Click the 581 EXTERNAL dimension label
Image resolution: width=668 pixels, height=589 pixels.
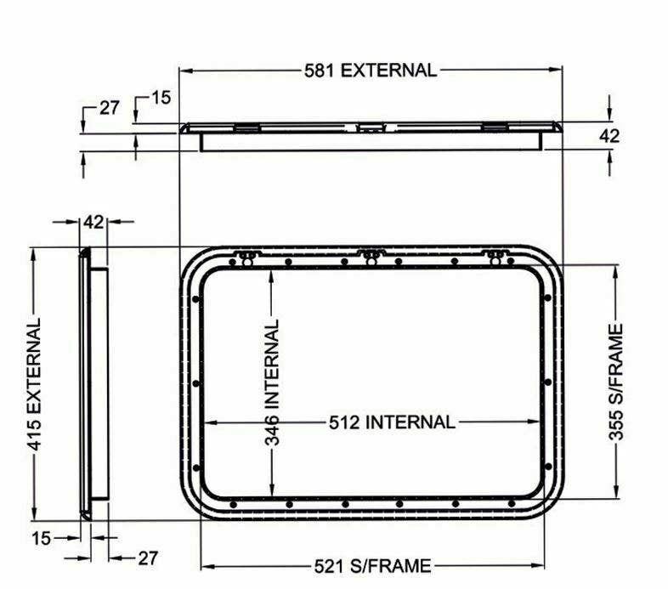pyautogui.click(x=371, y=71)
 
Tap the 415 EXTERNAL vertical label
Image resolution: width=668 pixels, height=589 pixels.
pyautogui.click(x=35, y=384)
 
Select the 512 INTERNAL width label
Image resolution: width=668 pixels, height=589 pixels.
pyautogui.click(x=392, y=422)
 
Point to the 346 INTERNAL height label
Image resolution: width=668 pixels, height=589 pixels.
pyautogui.click(x=272, y=382)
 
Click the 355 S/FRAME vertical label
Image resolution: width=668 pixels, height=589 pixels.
pyautogui.click(x=616, y=382)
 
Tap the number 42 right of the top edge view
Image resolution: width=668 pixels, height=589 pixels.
pyautogui.click(x=609, y=136)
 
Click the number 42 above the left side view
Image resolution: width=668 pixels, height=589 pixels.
pyautogui.click(x=93, y=222)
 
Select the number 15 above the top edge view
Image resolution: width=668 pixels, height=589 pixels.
pyautogui.click(x=161, y=98)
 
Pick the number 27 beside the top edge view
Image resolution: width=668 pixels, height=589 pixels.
pyautogui.click(x=110, y=108)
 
